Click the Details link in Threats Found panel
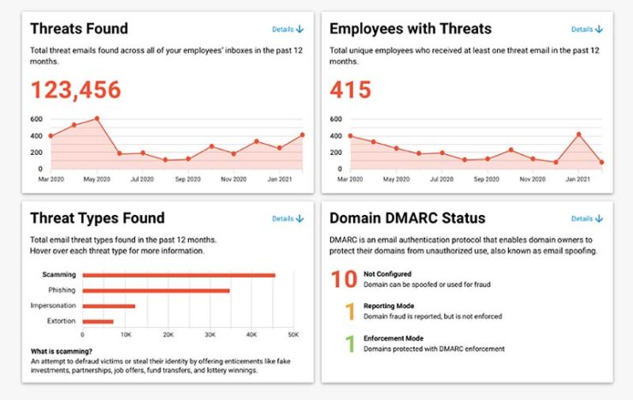coord(287,29)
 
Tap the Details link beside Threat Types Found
coord(287,218)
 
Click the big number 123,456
coord(76,89)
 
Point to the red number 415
coord(351,89)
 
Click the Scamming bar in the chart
coord(178,275)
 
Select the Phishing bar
coord(156,290)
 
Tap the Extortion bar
coord(98,321)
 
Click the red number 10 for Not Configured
coord(344,279)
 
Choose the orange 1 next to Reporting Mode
coord(349,312)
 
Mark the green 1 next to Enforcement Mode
coord(349,344)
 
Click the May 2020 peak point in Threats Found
coord(97,118)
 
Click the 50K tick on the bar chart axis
coord(293,334)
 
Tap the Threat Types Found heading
coord(98,218)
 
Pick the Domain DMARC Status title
coord(407,218)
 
